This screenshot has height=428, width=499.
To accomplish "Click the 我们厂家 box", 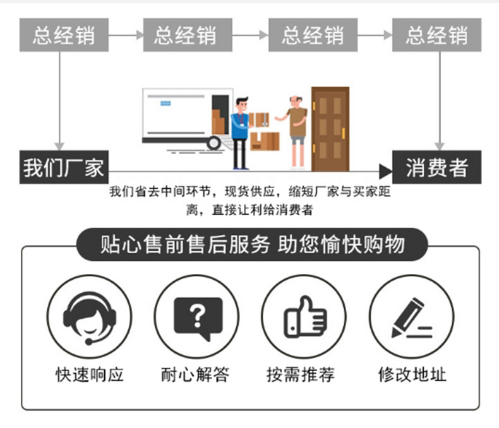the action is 63,168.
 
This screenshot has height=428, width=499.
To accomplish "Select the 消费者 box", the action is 436,168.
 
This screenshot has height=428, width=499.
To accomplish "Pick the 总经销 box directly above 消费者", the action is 436,34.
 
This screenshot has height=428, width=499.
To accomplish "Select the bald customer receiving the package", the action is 296,129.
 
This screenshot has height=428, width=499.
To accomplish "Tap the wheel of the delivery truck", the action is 214,143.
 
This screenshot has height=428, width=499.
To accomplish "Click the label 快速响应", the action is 90,374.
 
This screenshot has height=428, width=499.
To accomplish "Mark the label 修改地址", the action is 412,374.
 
